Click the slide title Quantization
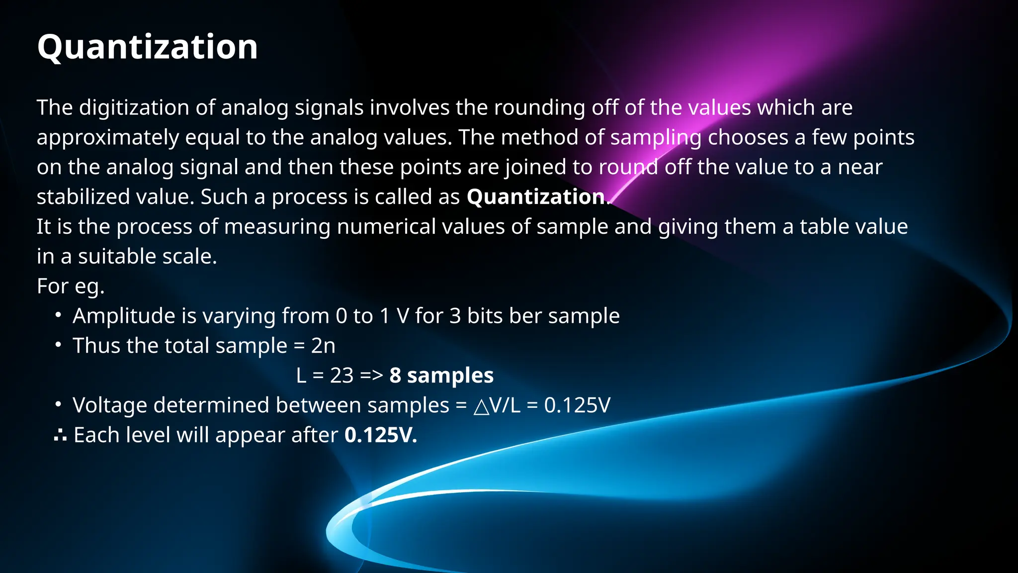click(147, 47)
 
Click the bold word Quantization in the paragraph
click(536, 197)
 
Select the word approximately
click(107, 138)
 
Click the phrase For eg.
click(70, 286)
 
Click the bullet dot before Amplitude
click(59, 315)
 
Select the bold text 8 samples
click(441, 376)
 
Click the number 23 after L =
click(341, 376)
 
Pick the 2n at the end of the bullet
click(323, 346)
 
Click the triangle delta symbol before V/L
click(481, 406)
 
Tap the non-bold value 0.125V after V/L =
click(577, 405)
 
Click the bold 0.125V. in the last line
click(380, 435)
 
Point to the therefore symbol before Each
click(60, 436)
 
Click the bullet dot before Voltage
click(59, 404)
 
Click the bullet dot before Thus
click(59, 345)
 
